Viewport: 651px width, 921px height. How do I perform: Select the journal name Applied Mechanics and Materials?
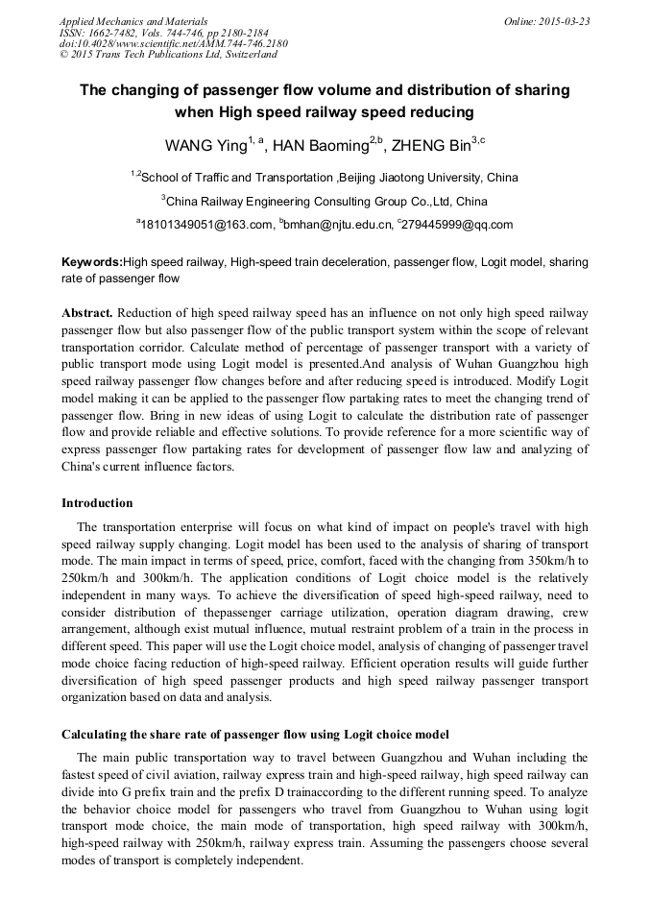[133, 21]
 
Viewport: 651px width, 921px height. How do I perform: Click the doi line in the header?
[173, 43]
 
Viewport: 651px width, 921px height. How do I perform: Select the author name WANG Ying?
[205, 146]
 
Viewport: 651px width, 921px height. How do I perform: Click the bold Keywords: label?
[92, 262]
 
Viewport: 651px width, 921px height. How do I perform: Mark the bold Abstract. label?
[87, 314]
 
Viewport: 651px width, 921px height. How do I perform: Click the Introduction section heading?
[97, 503]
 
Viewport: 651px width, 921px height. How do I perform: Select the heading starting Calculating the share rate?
[254, 735]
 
